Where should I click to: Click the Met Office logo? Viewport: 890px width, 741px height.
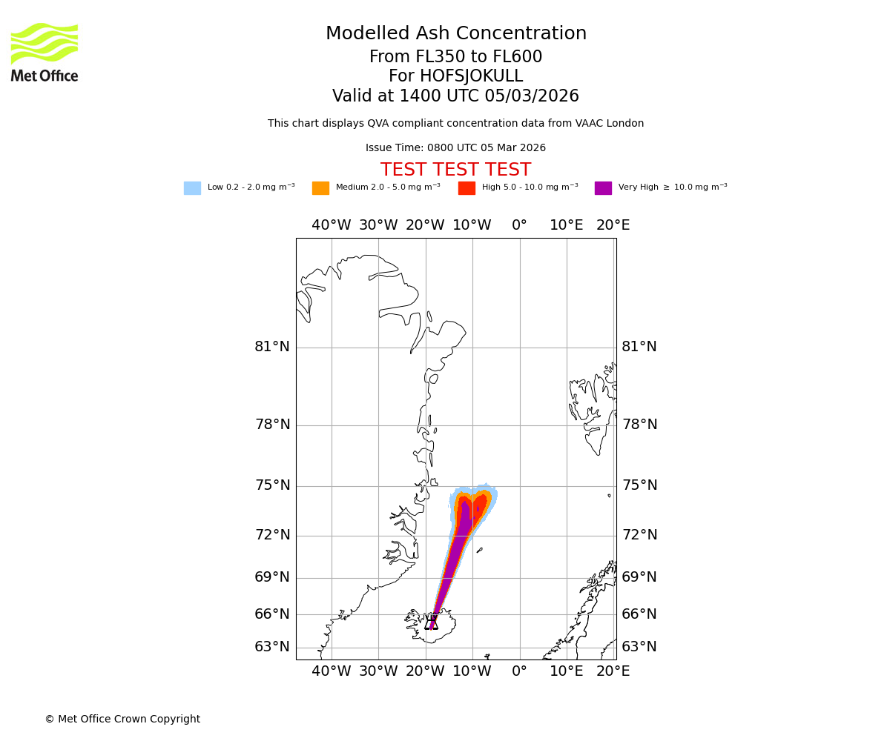(44, 52)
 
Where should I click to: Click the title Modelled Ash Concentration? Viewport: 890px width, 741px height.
(455, 34)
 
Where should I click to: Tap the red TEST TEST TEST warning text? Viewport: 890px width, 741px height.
(455, 170)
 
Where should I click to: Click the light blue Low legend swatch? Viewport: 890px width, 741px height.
(192, 188)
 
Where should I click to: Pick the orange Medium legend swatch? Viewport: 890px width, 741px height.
(320, 188)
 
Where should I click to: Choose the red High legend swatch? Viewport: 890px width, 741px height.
(467, 188)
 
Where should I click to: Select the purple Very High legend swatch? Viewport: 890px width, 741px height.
(603, 188)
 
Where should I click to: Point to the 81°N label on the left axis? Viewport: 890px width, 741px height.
(272, 347)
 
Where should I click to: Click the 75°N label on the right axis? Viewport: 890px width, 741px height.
(639, 485)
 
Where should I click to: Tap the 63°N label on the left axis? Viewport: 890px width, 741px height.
(272, 647)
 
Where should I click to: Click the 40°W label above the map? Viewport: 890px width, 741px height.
(331, 225)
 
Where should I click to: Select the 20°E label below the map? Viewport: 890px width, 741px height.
(613, 671)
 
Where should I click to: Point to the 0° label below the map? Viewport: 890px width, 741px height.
(519, 671)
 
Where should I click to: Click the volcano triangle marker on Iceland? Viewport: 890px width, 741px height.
(431, 622)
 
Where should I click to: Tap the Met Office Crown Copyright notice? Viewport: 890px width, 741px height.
(122, 720)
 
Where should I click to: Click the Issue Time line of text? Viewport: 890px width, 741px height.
(455, 148)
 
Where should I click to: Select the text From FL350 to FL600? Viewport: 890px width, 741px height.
(455, 57)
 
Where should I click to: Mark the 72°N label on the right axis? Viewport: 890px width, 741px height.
(639, 535)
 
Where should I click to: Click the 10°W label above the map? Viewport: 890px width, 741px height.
(472, 225)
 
